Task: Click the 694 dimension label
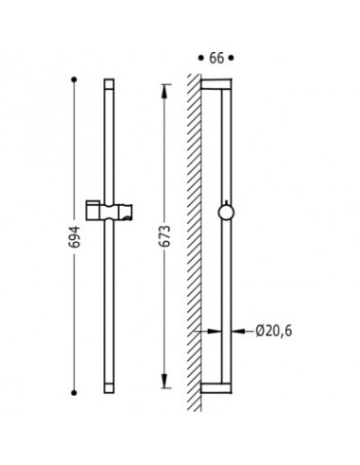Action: point(76,236)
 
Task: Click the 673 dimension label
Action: point(165,236)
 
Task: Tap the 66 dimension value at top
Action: point(216,59)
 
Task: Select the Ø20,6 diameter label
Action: point(274,331)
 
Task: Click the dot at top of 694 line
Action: point(74,79)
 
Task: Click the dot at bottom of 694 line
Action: point(74,392)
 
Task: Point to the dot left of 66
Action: point(201,58)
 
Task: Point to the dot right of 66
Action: point(231,58)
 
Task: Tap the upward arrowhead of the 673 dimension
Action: point(164,92)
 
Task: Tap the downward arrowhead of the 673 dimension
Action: point(164,381)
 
